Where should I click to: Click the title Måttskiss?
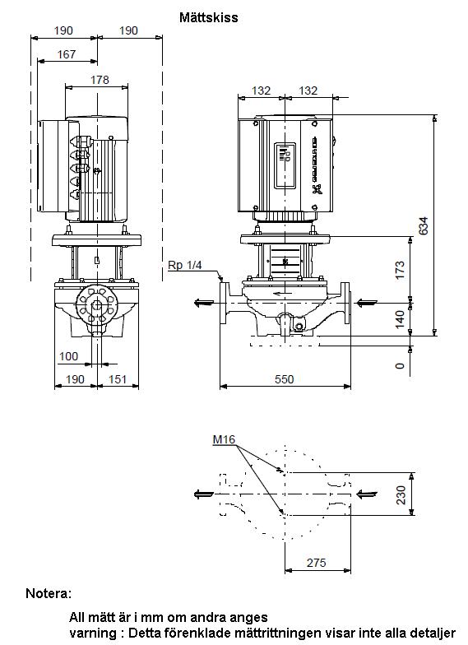tap(209, 17)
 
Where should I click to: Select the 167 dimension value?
tap(67, 54)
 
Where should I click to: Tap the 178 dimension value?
tap(100, 79)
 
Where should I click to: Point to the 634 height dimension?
tap(423, 225)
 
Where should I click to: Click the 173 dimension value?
tap(400, 270)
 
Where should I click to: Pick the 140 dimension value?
tap(400, 319)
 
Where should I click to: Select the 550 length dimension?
tap(285, 378)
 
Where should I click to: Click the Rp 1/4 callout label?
tap(184, 265)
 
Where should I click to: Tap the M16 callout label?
tap(224, 439)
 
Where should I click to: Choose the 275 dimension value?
tap(316, 563)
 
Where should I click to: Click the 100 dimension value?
tap(68, 356)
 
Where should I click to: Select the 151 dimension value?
tap(117, 378)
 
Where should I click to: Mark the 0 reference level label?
tap(400, 365)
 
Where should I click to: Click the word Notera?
tap(49, 593)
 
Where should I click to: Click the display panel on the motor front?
tap(285, 165)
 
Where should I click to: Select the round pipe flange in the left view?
tap(97, 305)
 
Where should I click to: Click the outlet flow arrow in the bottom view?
tap(204, 494)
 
